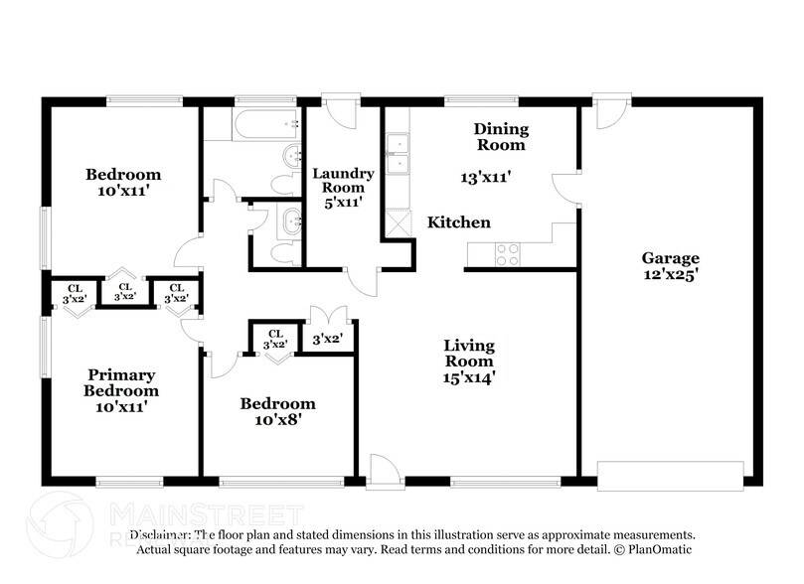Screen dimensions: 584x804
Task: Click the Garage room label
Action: click(669, 266)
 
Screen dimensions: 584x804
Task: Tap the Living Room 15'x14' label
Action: click(469, 361)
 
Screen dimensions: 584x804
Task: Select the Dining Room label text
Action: click(500, 137)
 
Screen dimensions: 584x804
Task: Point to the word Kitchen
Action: click(458, 222)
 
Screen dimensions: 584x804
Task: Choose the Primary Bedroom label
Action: click(121, 390)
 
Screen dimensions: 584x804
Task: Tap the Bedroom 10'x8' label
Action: click(277, 411)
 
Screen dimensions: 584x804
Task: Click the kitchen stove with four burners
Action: click(507, 254)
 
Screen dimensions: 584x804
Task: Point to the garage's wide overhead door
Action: click(670, 474)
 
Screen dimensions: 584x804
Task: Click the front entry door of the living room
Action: click(384, 472)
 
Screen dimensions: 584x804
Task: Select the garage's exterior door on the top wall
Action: click(611, 112)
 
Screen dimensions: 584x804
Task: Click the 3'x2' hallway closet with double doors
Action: click(327, 338)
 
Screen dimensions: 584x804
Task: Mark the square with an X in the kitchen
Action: click(398, 222)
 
